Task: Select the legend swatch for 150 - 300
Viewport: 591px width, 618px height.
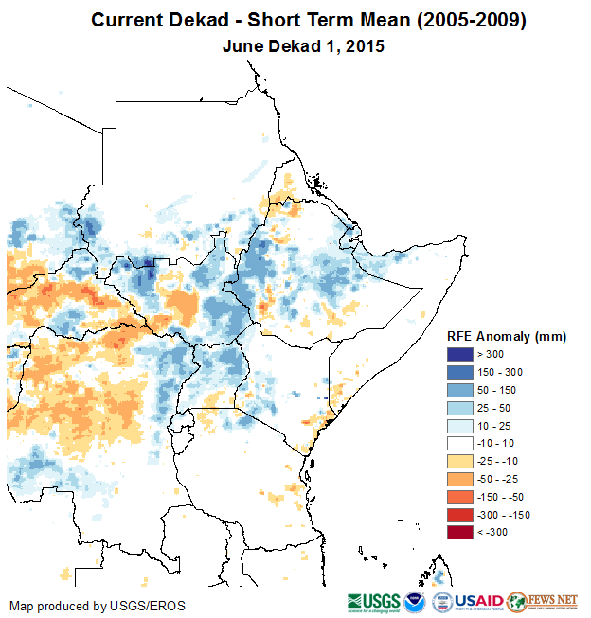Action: (x=459, y=371)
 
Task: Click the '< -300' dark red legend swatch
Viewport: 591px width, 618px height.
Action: (x=459, y=532)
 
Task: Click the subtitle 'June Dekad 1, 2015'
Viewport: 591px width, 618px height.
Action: (x=303, y=46)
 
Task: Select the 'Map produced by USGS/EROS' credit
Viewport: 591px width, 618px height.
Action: (x=98, y=606)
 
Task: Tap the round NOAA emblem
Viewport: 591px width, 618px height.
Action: (x=415, y=602)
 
